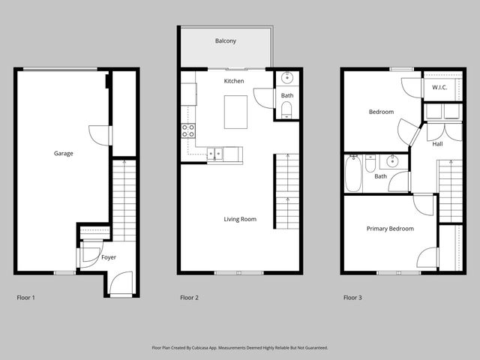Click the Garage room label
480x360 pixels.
coord(63,154)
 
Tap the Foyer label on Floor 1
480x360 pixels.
coord(109,257)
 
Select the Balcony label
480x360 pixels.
coord(226,41)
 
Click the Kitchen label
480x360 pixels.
coord(234,80)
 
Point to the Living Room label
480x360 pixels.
coord(240,219)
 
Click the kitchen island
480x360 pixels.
coord(235,112)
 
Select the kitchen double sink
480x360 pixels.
coord(216,154)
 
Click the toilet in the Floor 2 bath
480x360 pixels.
coord(286,111)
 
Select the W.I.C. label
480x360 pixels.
coord(439,88)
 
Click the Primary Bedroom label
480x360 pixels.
coord(389,229)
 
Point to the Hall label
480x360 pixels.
coord(437,144)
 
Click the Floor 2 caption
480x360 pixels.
coord(189,298)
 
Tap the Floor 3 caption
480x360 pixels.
coord(352,298)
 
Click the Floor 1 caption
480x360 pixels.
coord(25,298)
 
